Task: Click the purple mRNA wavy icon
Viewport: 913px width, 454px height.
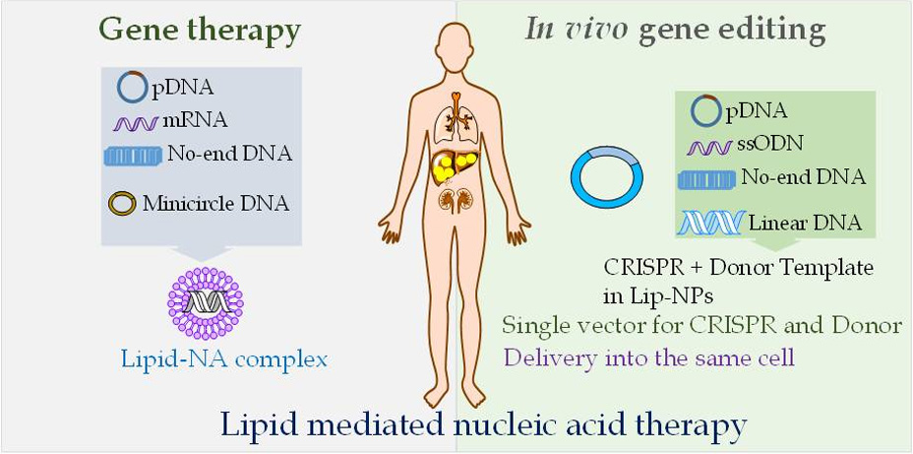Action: [x=136, y=123]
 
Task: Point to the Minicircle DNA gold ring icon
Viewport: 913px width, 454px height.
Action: [x=122, y=204]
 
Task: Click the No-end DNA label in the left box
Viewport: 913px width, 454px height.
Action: [x=230, y=154]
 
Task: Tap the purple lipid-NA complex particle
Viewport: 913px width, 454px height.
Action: [x=205, y=303]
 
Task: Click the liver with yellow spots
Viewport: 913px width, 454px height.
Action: [x=455, y=165]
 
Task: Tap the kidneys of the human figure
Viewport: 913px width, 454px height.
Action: [x=456, y=199]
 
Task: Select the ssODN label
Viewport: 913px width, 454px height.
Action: [x=769, y=144]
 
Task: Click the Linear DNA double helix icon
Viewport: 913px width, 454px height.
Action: [x=712, y=224]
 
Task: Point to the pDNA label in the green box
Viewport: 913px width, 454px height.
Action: [x=756, y=110]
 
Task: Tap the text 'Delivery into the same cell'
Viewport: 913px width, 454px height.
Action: [x=649, y=357]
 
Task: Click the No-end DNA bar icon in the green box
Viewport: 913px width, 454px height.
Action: [x=705, y=179]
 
